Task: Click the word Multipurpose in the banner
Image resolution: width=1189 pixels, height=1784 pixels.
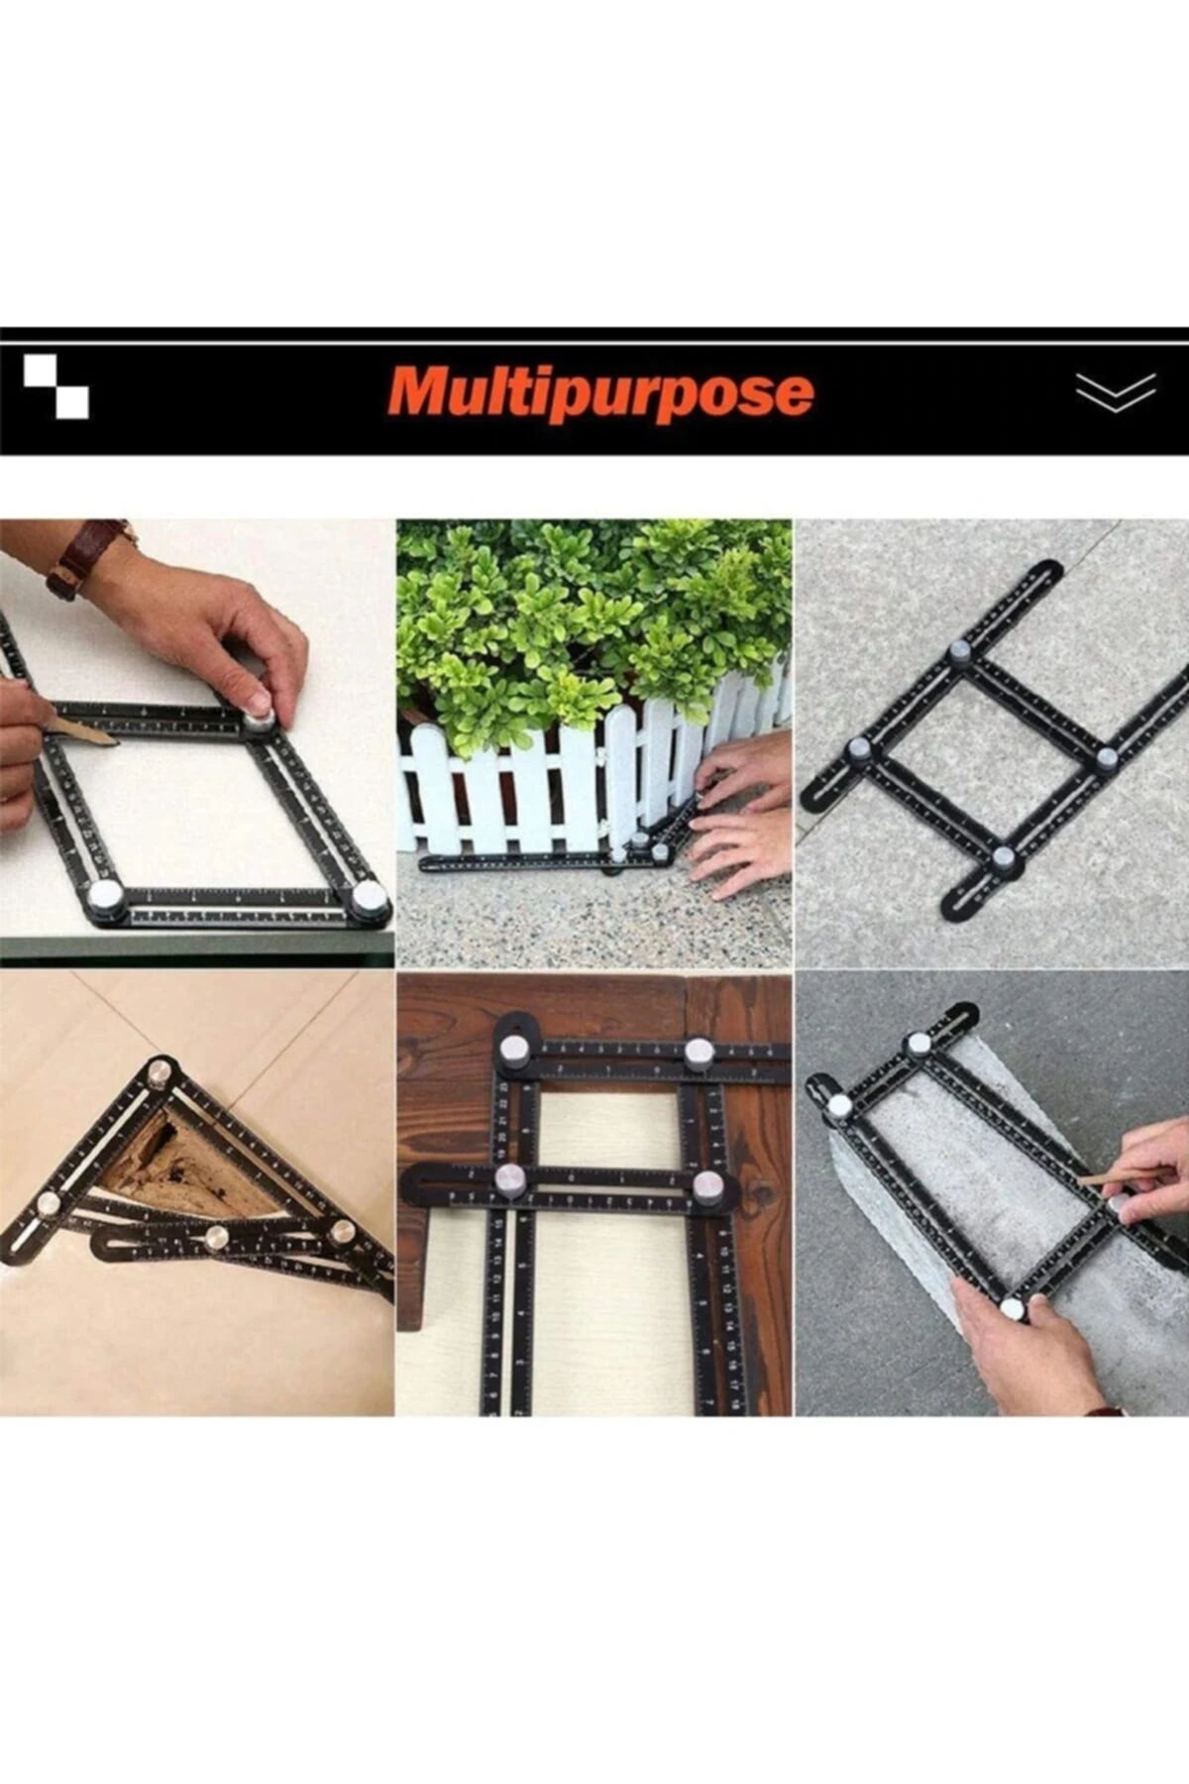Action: click(x=601, y=392)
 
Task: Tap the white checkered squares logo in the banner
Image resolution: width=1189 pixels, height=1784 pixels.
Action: click(x=56, y=387)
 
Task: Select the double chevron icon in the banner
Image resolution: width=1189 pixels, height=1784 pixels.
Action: click(x=1116, y=391)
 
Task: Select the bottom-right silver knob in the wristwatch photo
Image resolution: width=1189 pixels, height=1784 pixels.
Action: click(x=370, y=898)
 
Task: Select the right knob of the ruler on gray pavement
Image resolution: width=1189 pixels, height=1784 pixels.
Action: click(x=1107, y=758)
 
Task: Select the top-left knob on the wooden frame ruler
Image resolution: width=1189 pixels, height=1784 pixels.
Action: click(x=513, y=1050)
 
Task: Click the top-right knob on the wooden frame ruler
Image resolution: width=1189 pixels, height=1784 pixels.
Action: click(x=699, y=1053)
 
